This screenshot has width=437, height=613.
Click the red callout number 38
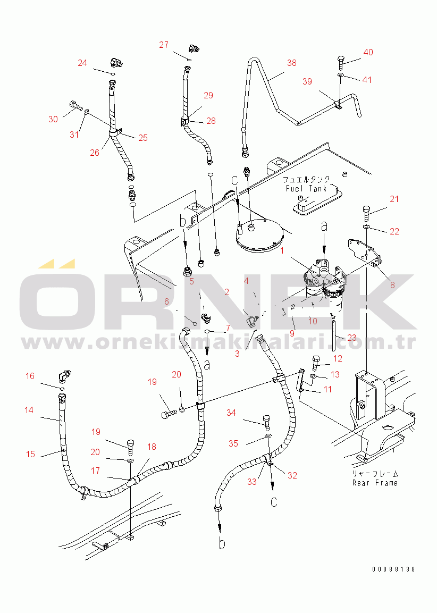pos(291,63)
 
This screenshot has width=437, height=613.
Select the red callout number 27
pos(164,45)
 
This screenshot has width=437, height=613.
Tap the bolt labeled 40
pos(341,62)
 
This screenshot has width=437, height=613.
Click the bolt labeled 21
pos(367,213)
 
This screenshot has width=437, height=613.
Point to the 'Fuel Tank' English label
pos(306,188)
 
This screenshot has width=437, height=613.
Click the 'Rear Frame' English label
pos(375,483)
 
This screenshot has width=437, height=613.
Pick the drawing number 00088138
pos(393,569)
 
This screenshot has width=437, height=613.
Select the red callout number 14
pos(29,410)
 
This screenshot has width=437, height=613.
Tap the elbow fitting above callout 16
pos(65,376)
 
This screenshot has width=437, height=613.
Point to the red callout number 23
pos(352,338)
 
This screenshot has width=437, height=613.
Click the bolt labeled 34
pos(267,422)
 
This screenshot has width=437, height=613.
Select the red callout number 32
pos(292,475)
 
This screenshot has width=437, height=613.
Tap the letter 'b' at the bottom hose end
pos(222,543)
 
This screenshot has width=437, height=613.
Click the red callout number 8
pos(392,285)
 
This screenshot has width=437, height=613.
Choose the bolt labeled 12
pos(316,363)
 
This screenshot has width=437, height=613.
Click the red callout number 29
pos(208,95)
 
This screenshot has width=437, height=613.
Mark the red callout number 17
pos(95,471)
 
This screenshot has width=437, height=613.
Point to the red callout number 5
pos(191,281)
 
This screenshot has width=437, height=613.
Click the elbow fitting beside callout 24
pos(116,62)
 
